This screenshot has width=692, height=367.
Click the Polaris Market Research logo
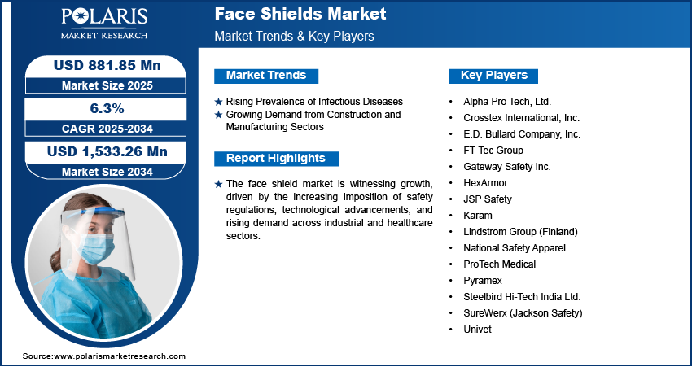pos(104,23)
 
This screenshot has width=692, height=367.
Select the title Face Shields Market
pos(300,14)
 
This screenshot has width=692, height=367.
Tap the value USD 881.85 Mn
pos(107,65)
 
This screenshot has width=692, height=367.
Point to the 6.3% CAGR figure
pos(106,108)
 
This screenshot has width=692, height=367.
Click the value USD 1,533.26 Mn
pos(107,151)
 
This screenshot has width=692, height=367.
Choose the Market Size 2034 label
pos(107,172)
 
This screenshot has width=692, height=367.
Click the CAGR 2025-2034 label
pos(107,129)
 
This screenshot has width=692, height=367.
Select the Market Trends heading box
pos(266,76)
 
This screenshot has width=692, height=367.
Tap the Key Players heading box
pos(493,76)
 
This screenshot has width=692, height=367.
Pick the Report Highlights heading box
pos(276,159)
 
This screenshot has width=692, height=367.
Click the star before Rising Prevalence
pos(218,102)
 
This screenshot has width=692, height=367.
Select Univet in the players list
pos(477,330)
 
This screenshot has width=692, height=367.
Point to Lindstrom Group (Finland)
pos(520,232)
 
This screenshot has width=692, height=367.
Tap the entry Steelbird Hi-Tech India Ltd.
pos(522,297)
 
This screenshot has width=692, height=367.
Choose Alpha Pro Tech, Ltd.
pos(507,102)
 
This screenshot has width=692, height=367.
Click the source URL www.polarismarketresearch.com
pos(120,356)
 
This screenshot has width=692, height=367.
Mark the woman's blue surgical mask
pos(95,246)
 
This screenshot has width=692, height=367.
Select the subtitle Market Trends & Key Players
pos(295,36)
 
